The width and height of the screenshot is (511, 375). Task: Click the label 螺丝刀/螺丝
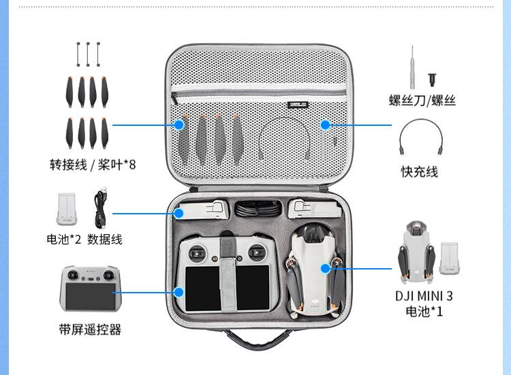422,101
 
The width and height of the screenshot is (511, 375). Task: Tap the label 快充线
418,172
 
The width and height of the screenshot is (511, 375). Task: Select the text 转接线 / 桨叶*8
92,164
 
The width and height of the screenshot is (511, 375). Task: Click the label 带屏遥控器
89,329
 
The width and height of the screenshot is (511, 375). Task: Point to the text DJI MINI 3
424,295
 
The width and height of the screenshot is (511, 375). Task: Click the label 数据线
105,239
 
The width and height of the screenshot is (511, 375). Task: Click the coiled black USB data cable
101,210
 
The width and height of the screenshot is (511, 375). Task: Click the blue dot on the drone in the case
326,268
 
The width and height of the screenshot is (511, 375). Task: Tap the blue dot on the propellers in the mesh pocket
179,125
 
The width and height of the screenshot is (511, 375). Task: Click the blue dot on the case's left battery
179,213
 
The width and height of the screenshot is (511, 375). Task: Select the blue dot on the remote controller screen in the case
179,291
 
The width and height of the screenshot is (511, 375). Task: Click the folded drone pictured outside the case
416,252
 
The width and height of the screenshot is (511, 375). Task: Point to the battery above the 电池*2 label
67,209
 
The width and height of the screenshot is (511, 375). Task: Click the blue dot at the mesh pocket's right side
326,125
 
